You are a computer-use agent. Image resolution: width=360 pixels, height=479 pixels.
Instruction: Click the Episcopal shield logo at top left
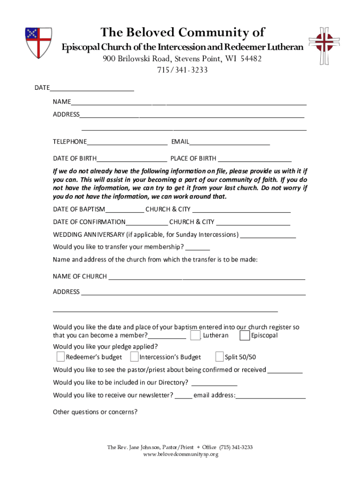point(38,43)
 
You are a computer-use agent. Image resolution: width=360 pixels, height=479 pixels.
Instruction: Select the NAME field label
point(62,102)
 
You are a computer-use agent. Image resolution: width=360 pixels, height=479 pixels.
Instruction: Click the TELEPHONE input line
point(127,142)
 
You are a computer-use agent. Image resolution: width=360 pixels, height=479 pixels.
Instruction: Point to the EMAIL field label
point(180,142)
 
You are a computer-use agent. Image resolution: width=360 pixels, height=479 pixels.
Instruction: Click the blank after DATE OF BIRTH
point(132,159)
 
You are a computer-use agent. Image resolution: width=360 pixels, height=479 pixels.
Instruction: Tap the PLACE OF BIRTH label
point(193,159)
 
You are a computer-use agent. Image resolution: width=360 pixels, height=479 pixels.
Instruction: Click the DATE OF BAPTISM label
point(79,209)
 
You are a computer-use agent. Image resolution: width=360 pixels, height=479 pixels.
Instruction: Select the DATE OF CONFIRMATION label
point(89,222)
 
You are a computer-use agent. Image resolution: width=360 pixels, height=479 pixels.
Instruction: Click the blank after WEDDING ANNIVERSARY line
point(268,235)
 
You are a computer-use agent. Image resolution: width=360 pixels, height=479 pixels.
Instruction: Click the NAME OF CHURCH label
point(80,276)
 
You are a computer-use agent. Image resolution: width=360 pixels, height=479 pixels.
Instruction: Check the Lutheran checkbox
point(195,336)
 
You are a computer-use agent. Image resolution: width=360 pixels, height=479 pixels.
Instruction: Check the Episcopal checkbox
point(244,336)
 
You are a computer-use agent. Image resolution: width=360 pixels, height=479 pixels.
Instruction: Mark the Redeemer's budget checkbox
point(60,357)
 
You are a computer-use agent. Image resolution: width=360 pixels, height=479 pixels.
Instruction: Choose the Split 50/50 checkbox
point(219,357)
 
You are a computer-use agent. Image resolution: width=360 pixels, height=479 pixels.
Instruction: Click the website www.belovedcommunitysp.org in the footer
point(180,454)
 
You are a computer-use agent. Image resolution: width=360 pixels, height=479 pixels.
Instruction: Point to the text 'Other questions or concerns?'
point(95,412)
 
